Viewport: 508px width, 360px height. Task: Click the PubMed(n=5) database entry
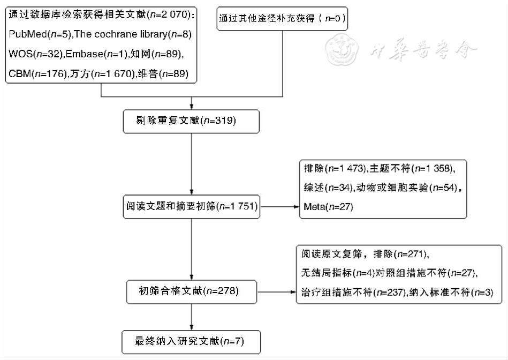(39, 35)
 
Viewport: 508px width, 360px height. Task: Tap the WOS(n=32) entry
(35, 55)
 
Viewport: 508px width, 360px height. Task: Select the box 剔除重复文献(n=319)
(191, 121)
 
